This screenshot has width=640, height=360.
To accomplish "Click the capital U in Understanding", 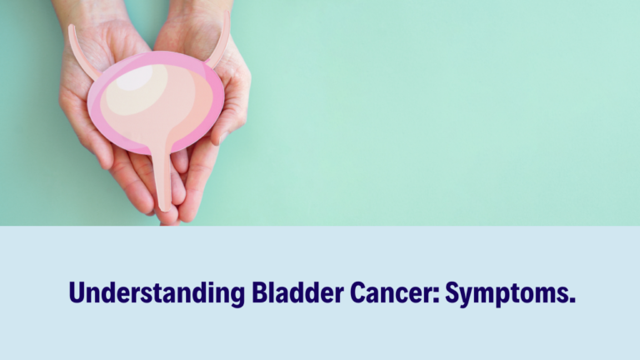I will [x=77, y=293].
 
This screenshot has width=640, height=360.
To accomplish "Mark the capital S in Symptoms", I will [x=453, y=293].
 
